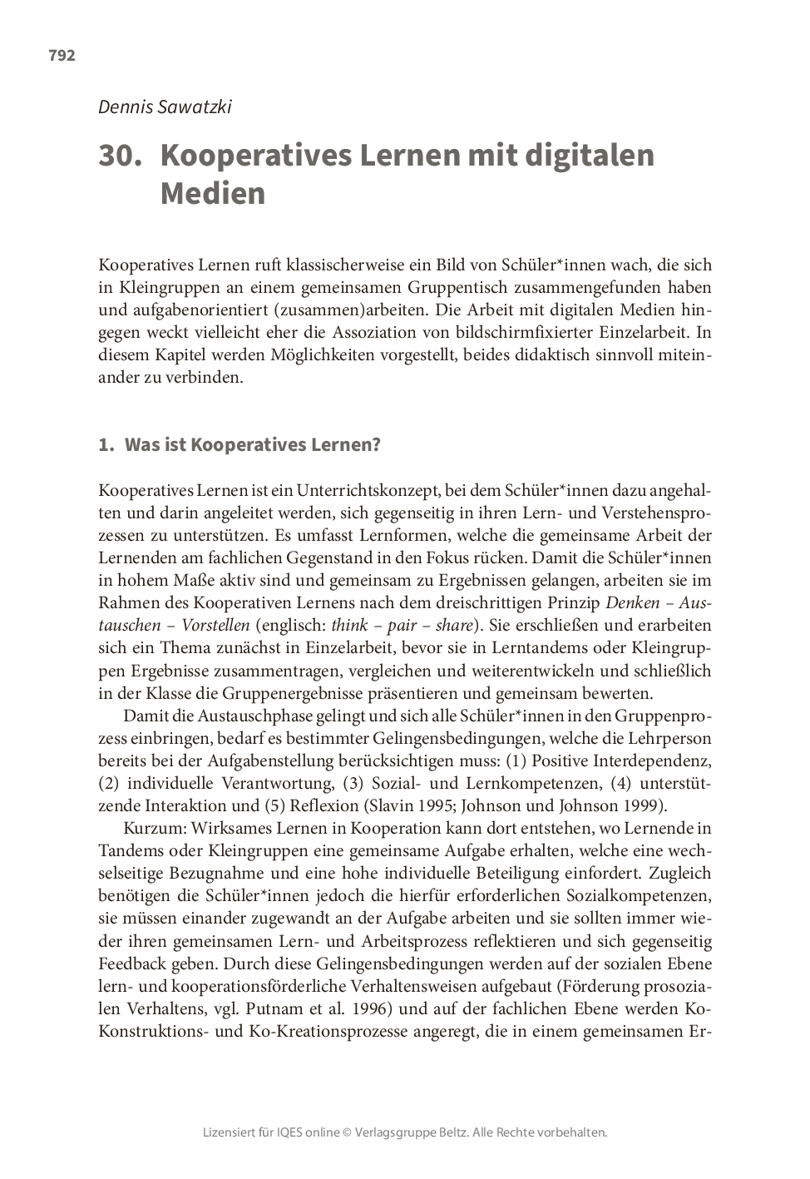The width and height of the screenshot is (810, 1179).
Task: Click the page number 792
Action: (x=62, y=56)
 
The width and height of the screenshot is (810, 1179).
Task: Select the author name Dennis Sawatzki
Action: (x=165, y=107)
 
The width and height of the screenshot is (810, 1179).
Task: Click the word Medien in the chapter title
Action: (x=212, y=194)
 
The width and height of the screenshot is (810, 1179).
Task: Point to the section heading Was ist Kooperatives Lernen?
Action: (x=252, y=444)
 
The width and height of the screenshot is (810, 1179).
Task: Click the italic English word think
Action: (x=349, y=625)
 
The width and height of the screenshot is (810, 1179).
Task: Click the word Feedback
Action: (x=132, y=964)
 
